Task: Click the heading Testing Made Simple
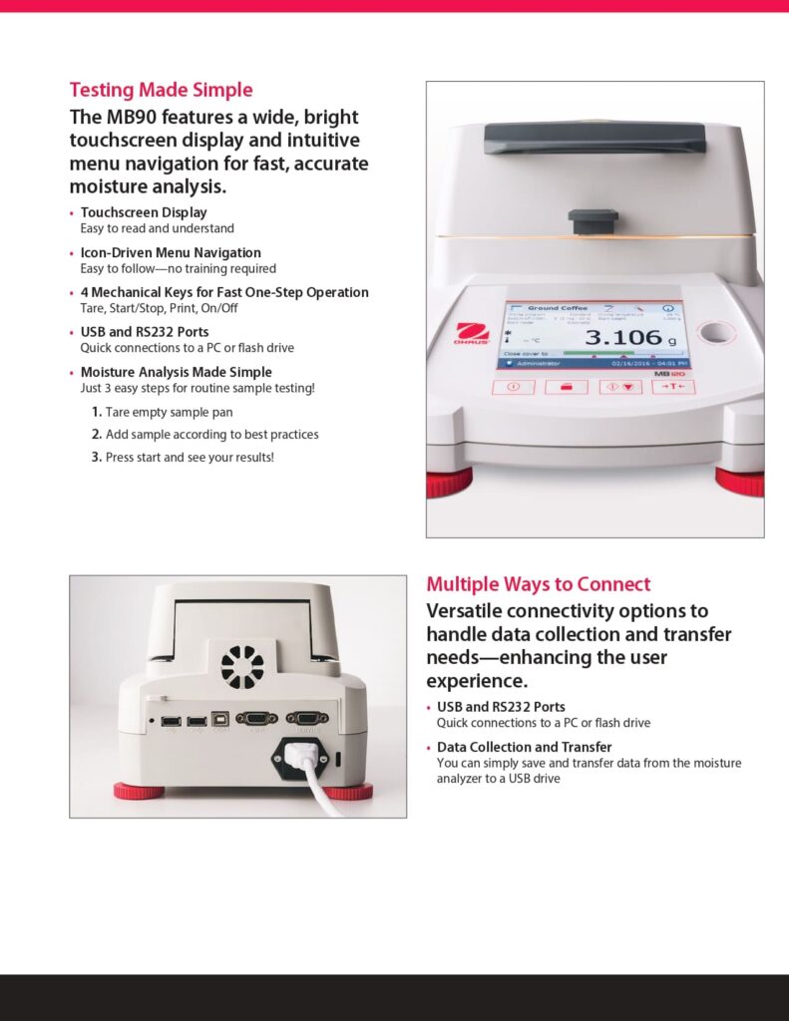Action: (161, 91)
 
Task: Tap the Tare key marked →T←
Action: (673, 387)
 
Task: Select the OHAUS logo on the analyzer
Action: (471, 333)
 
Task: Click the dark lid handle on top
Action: (594, 138)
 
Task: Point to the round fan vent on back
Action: (241, 666)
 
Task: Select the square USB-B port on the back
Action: (220, 719)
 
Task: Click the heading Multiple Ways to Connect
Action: (538, 584)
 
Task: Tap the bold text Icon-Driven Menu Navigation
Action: (171, 253)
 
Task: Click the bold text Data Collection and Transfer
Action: (524, 747)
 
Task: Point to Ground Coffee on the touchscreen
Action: (558, 309)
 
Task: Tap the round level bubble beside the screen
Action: (713, 330)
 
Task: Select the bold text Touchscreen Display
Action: (144, 212)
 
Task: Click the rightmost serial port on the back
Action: (306, 718)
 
